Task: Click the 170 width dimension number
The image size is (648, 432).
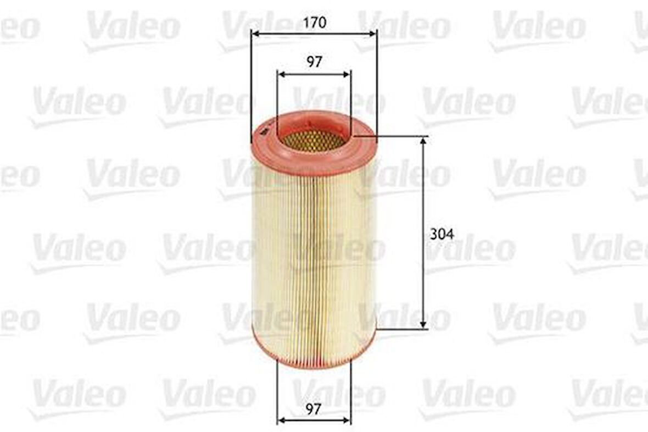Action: point(314,23)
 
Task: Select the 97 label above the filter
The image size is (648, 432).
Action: point(314,62)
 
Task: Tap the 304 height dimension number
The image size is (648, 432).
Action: point(442,234)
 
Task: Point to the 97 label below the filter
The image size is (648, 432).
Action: point(314,408)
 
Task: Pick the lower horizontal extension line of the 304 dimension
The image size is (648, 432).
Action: point(401,329)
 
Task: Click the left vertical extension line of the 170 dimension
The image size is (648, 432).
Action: point(251,82)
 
